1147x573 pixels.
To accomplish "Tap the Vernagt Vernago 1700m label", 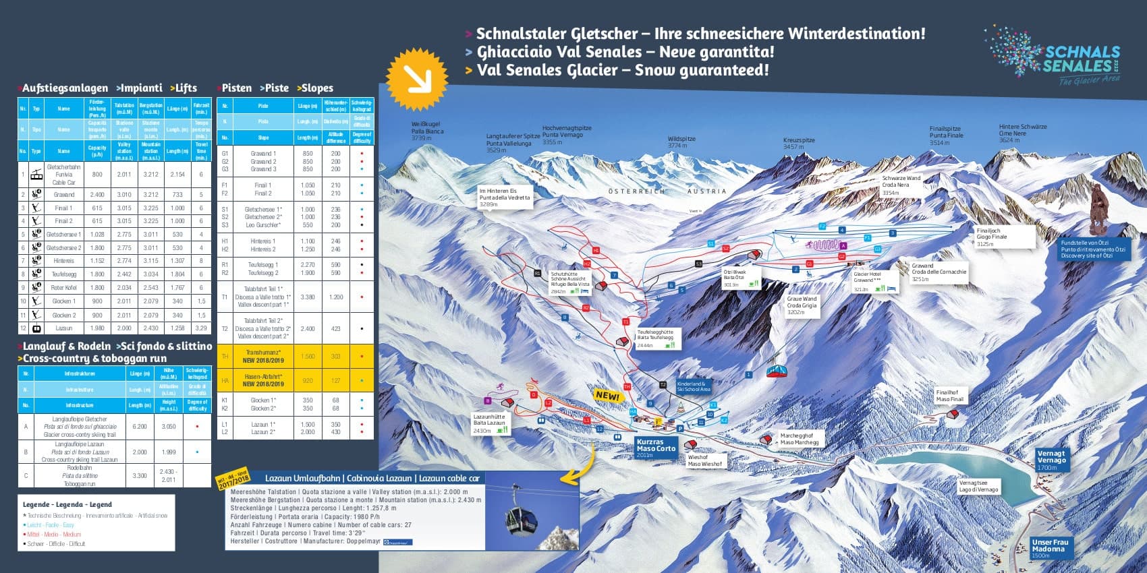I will coord(1051,460).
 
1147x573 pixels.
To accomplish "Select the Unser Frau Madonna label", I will coord(1050,548).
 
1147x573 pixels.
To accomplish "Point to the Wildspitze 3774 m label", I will coord(681,142).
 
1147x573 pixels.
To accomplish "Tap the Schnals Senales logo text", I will coord(1081,59).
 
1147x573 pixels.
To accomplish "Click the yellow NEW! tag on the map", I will coord(607,396).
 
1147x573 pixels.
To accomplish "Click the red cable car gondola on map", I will coord(777,371).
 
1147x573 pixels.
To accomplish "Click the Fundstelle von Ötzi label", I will coord(1092,249).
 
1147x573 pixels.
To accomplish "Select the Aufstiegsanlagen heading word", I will coord(65,88).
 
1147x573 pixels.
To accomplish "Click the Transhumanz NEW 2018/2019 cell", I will coord(263,356).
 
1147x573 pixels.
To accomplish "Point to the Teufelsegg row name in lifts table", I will coord(63,274).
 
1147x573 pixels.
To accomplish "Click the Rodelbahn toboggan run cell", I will coord(80,475).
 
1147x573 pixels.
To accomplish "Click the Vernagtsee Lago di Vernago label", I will coord(978,486).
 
